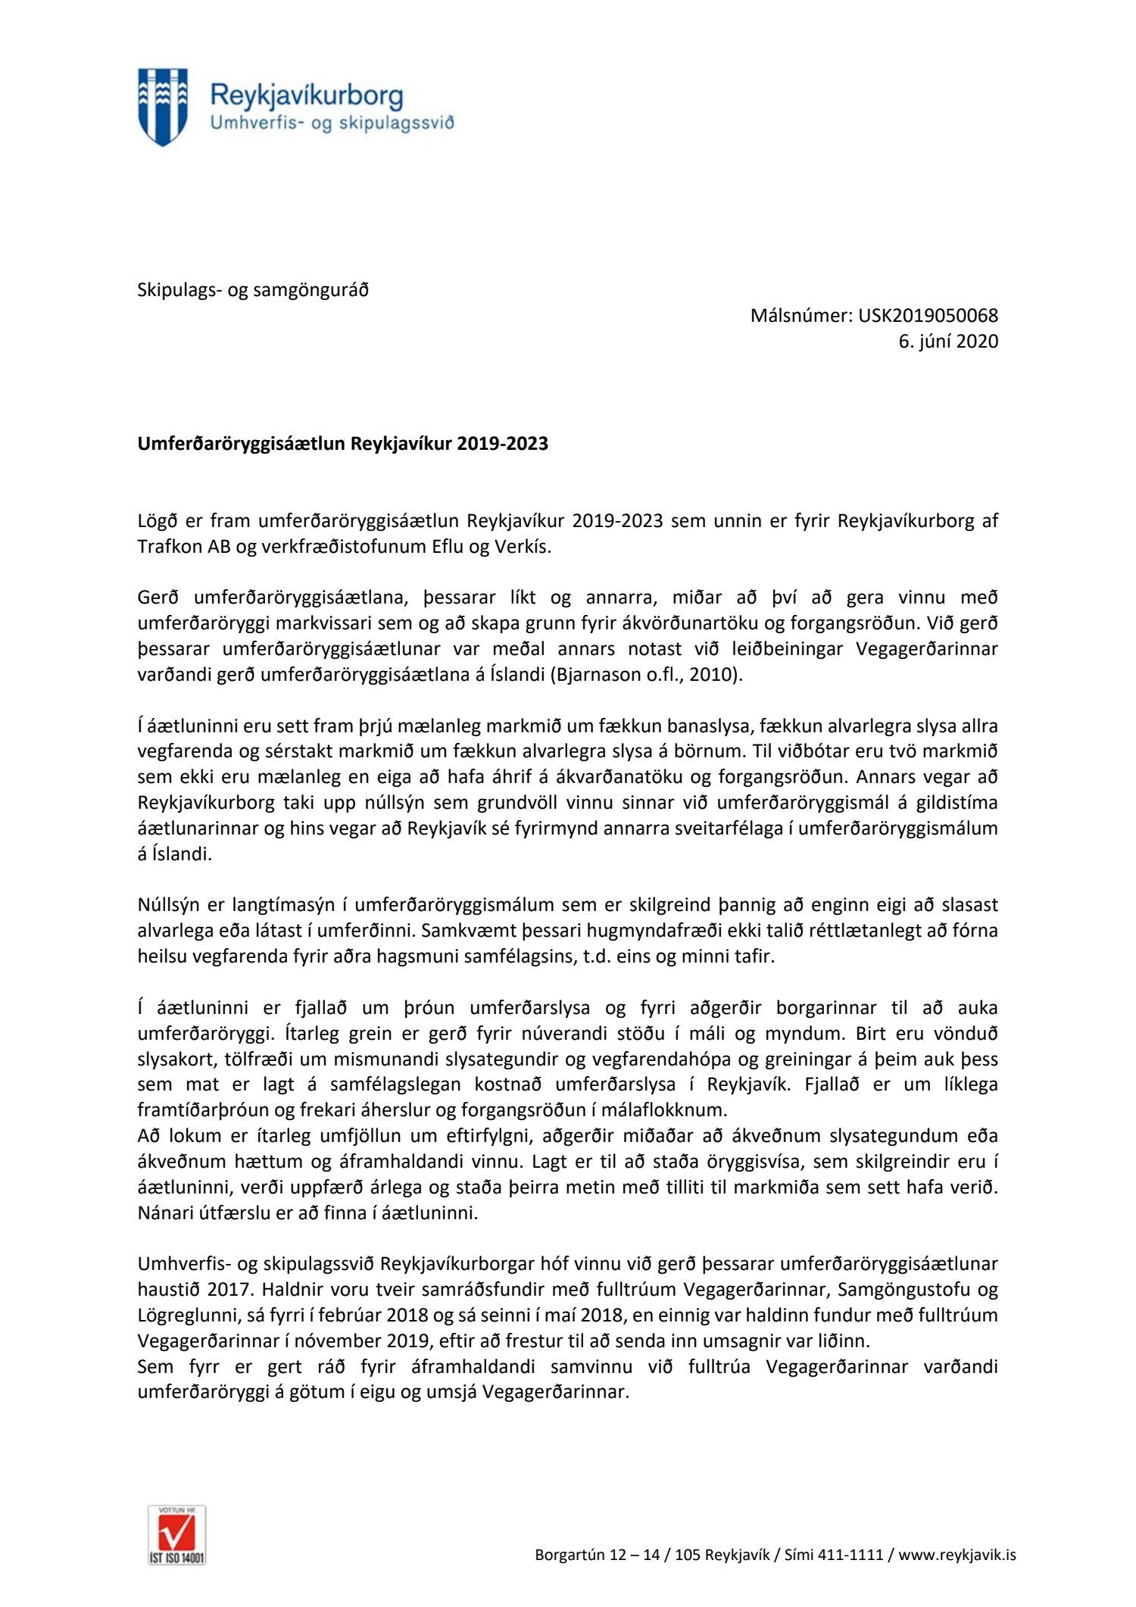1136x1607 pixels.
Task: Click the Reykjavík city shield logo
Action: click(162, 107)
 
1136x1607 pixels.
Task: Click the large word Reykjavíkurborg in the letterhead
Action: click(306, 95)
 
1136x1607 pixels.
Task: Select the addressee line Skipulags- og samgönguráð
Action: click(253, 289)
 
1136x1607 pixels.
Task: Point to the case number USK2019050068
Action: click(928, 315)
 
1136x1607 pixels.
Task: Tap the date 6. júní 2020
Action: click(948, 341)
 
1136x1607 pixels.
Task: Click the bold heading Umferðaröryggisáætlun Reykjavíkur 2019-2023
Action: click(342, 444)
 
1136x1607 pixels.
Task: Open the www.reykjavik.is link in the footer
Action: click(957, 1556)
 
